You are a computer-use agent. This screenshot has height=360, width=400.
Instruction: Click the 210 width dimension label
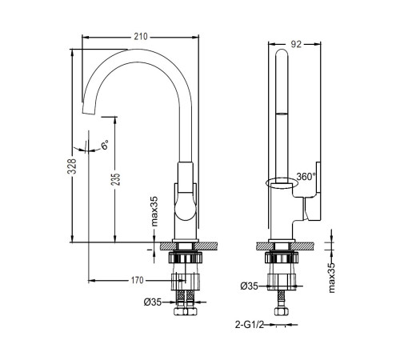pyautogui.click(x=141, y=37)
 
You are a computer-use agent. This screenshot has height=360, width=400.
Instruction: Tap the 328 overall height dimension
pyautogui.click(x=72, y=166)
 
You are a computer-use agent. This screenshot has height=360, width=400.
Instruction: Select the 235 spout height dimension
pyautogui.click(x=116, y=179)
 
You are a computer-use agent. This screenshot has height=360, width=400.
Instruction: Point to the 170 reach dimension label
pyautogui.click(x=137, y=280)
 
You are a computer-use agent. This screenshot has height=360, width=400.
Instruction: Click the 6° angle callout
pyautogui.click(x=105, y=145)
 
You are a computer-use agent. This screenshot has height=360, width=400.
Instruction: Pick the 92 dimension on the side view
pyautogui.click(x=296, y=44)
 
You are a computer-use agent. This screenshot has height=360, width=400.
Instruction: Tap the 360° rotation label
pyautogui.click(x=306, y=176)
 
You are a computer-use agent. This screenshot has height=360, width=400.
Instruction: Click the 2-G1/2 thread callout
pyautogui.click(x=250, y=325)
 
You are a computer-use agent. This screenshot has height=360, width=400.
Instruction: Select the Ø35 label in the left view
pyautogui.click(x=153, y=302)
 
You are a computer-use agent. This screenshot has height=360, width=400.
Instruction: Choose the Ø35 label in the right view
pyautogui.click(x=249, y=286)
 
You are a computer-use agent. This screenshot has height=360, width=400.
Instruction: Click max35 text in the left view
pyautogui.click(x=154, y=211)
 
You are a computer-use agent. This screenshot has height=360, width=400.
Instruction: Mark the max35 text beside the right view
pyautogui.click(x=331, y=278)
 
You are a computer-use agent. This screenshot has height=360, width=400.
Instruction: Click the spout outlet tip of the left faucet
pyautogui.click(x=89, y=112)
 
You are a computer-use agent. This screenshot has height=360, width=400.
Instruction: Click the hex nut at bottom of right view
pyautogui.click(x=282, y=311)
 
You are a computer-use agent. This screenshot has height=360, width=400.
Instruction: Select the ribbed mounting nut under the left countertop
pyautogui.click(x=185, y=258)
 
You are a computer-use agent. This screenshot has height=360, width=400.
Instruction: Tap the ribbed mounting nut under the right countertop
pyautogui.click(x=282, y=258)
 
